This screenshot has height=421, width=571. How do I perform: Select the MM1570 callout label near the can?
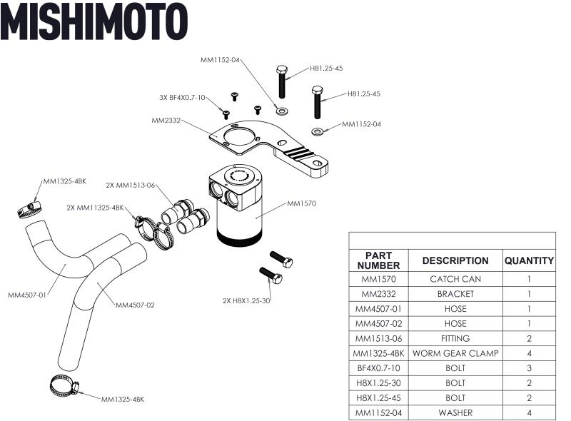pos(301,203)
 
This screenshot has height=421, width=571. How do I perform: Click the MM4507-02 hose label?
pos(135,305)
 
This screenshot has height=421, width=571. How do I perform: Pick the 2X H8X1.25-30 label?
pos(247,300)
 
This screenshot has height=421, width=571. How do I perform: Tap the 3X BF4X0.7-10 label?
pos(182,98)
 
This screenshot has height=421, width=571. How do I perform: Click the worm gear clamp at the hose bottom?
pos(65,387)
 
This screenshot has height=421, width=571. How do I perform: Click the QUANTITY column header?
pos(529,260)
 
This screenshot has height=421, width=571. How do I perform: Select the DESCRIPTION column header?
pos(455,260)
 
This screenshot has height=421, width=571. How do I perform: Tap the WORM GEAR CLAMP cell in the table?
pos(455,353)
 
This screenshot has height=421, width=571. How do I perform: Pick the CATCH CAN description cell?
pos(455,279)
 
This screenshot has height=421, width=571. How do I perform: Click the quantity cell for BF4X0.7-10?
pos(529,368)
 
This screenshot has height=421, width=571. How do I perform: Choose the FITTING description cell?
pos(455,338)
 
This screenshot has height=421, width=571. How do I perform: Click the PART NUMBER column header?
pos(378,260)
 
